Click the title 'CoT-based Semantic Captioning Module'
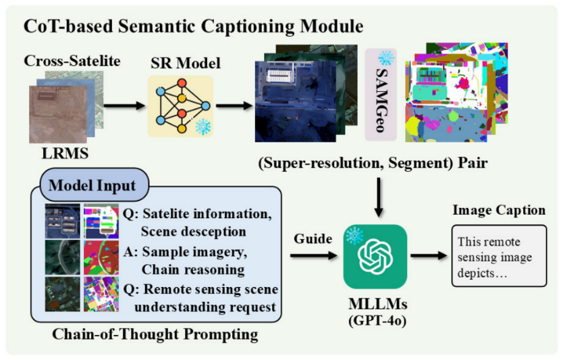[194, 27]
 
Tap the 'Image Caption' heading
[501, 211]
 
